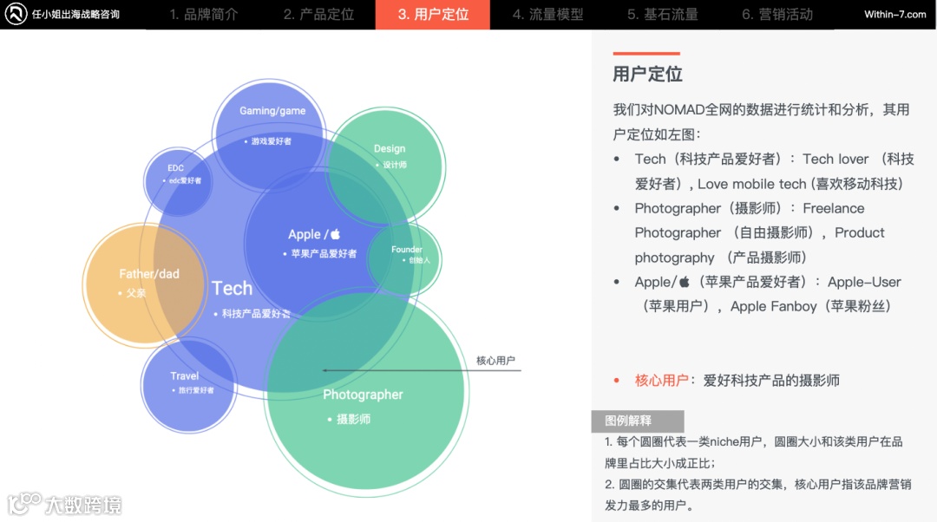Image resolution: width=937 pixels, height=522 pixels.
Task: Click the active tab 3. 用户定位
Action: tap(432, 15)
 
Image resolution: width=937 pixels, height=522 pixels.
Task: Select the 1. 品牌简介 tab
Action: tap(204, 15)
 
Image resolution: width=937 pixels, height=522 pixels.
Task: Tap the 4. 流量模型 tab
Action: tap(547, 15)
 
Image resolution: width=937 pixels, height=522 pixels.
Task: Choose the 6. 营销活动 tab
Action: tap(776, 15)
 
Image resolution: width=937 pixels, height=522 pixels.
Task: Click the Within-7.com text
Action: tap(894, 15)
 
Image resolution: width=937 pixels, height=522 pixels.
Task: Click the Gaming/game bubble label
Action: tap(272, 111)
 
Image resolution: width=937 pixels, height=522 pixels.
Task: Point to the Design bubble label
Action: tap(390, 149)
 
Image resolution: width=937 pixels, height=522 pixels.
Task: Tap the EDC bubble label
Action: tap(176, 168)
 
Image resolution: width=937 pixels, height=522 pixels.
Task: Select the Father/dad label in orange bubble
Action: tap(149, 274)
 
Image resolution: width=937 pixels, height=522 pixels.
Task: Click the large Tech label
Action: tap(232, 289)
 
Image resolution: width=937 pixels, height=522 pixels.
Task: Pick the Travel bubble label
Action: tap(185, 376)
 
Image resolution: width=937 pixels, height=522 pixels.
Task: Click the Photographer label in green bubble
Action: tap(363, 395)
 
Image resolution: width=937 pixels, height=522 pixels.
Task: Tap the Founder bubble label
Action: tap(406, 250)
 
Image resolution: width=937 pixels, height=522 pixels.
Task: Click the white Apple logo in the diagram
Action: tap(335, 234)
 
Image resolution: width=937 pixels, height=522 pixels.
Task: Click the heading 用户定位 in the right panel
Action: tap(647, 75)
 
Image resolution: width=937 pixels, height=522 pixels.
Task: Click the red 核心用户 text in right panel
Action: tap(661, 381)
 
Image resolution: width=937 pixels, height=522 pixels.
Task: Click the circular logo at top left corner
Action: tap(16, 15)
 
